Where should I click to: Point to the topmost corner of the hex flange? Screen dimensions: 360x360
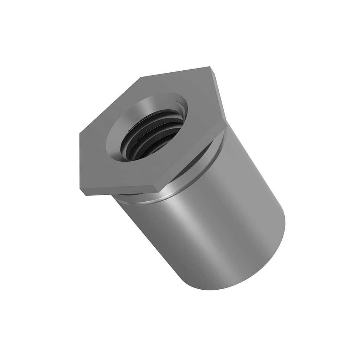coord(210,67)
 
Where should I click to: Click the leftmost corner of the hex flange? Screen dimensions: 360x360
coord(80,134)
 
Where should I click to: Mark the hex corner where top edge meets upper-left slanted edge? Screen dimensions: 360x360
coord(141,77)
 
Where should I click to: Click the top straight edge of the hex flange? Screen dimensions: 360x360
coord(176,72)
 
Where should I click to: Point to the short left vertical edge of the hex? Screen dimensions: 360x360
coord(80,162)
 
